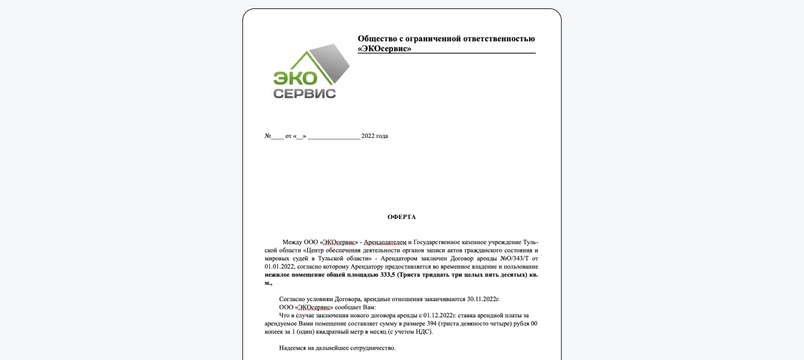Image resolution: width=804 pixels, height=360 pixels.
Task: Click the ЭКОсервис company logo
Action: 310,71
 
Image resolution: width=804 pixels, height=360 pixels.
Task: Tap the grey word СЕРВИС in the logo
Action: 304,93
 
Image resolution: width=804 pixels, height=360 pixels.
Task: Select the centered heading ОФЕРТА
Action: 401,217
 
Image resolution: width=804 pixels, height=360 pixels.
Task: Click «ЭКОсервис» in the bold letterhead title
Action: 385,49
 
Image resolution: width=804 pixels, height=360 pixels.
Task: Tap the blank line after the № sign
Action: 277,136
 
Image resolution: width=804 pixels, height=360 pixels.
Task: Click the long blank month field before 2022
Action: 334,136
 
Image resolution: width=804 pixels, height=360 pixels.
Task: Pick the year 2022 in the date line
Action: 368,136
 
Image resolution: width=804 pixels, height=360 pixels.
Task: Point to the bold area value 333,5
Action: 388,275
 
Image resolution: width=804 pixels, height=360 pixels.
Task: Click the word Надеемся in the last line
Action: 295,348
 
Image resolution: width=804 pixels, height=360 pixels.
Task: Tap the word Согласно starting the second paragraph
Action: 293,299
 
